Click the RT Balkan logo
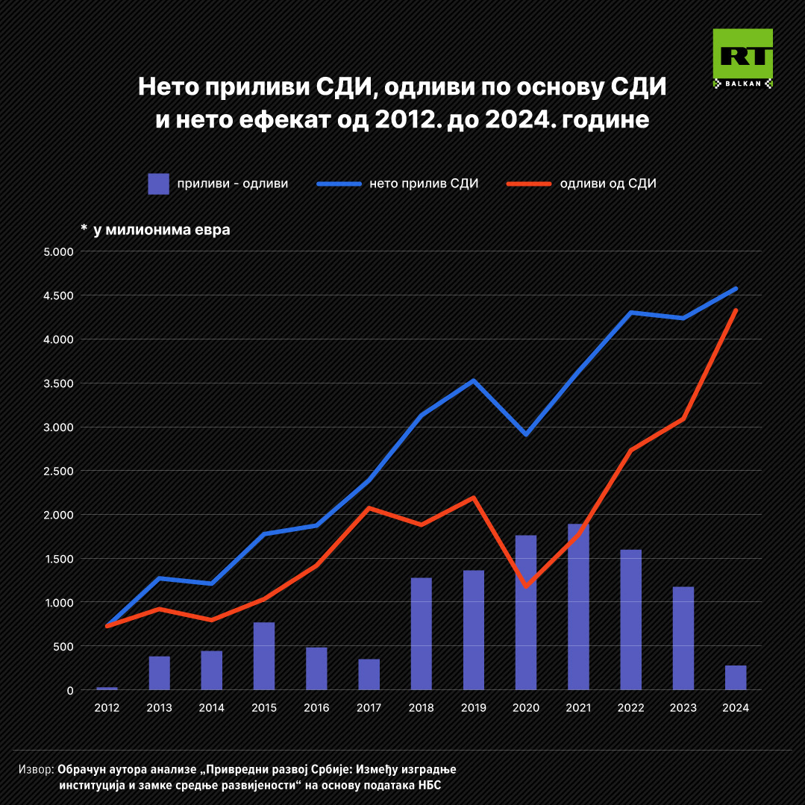[x=742, y=57]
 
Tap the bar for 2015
[x=264, y=656]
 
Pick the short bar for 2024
[x=736, y=677]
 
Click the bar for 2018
[x=421, y=633]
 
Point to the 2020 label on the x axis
[x=526, y=707]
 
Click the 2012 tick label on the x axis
[x=107, y=707]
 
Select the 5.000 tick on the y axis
[x=59, y=252]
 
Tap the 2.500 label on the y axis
[x=59, y=472]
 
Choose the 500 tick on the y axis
[x=64, y=647]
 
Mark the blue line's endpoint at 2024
[x=736, y=288]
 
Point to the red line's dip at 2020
[x=526, y=586]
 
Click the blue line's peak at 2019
[x=473, y=380]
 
